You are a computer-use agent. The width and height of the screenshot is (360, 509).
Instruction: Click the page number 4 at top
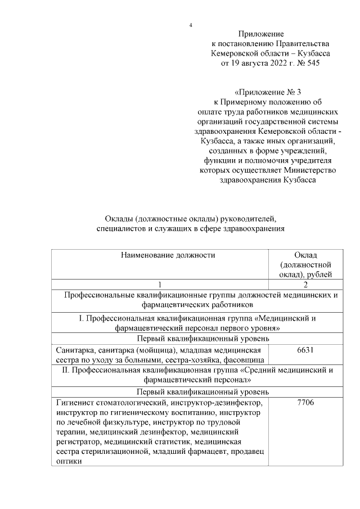[191, 25]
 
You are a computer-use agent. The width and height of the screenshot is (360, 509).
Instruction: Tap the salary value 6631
[304, 350]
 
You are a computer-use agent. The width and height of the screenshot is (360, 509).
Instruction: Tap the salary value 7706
[304, 403]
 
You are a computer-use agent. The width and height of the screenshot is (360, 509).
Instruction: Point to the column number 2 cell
[304, 285]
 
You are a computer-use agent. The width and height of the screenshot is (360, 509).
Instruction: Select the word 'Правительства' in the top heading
[302, 44]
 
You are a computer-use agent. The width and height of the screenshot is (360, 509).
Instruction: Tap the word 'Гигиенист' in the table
[75, 403]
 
